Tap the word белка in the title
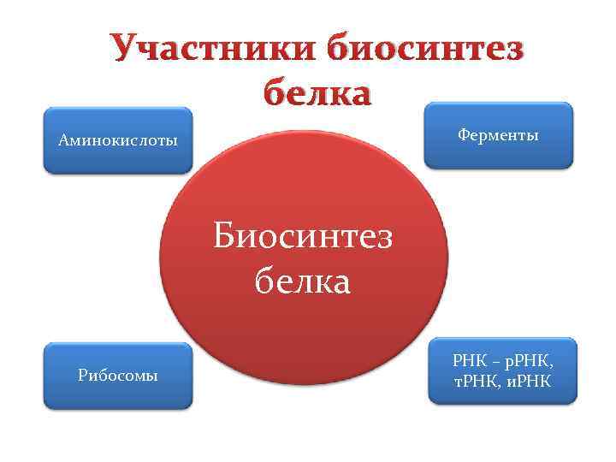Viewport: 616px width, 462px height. click(317, 91)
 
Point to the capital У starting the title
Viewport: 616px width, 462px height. click(125, 49)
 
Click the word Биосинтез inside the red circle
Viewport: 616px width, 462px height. click(303, 235)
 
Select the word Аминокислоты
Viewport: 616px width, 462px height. click(118, 140)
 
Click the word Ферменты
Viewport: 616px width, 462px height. click(498, 135)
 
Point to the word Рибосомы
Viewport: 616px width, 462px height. click(118, 376)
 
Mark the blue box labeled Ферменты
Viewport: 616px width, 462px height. click(498, 154)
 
